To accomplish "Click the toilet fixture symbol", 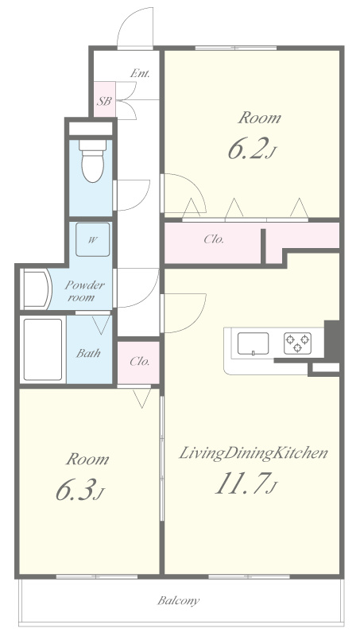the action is tap(92, 161).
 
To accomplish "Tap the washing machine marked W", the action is tap(92, 239).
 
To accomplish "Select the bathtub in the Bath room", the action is tap(43, 350).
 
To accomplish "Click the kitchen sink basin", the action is tap(253, 343).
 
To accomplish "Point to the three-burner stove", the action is tap(297, 343).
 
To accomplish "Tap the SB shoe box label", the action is tap(104, 101).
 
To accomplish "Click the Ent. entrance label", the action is tap(140, 73).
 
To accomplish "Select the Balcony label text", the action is tap(178, 600).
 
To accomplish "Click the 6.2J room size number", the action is tap(252, 149).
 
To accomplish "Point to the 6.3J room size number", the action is tap(79, 491).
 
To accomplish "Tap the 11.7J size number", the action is tap(246, 484).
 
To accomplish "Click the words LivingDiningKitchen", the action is tap(254, 453).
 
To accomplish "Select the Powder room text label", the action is tap(84, 291).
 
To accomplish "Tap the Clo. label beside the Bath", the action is tap(140, 361).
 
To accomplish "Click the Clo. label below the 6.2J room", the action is tap(214, 239).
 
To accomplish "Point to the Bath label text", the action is tap(88, 353).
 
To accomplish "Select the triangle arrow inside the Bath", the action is tap(101, 324).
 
